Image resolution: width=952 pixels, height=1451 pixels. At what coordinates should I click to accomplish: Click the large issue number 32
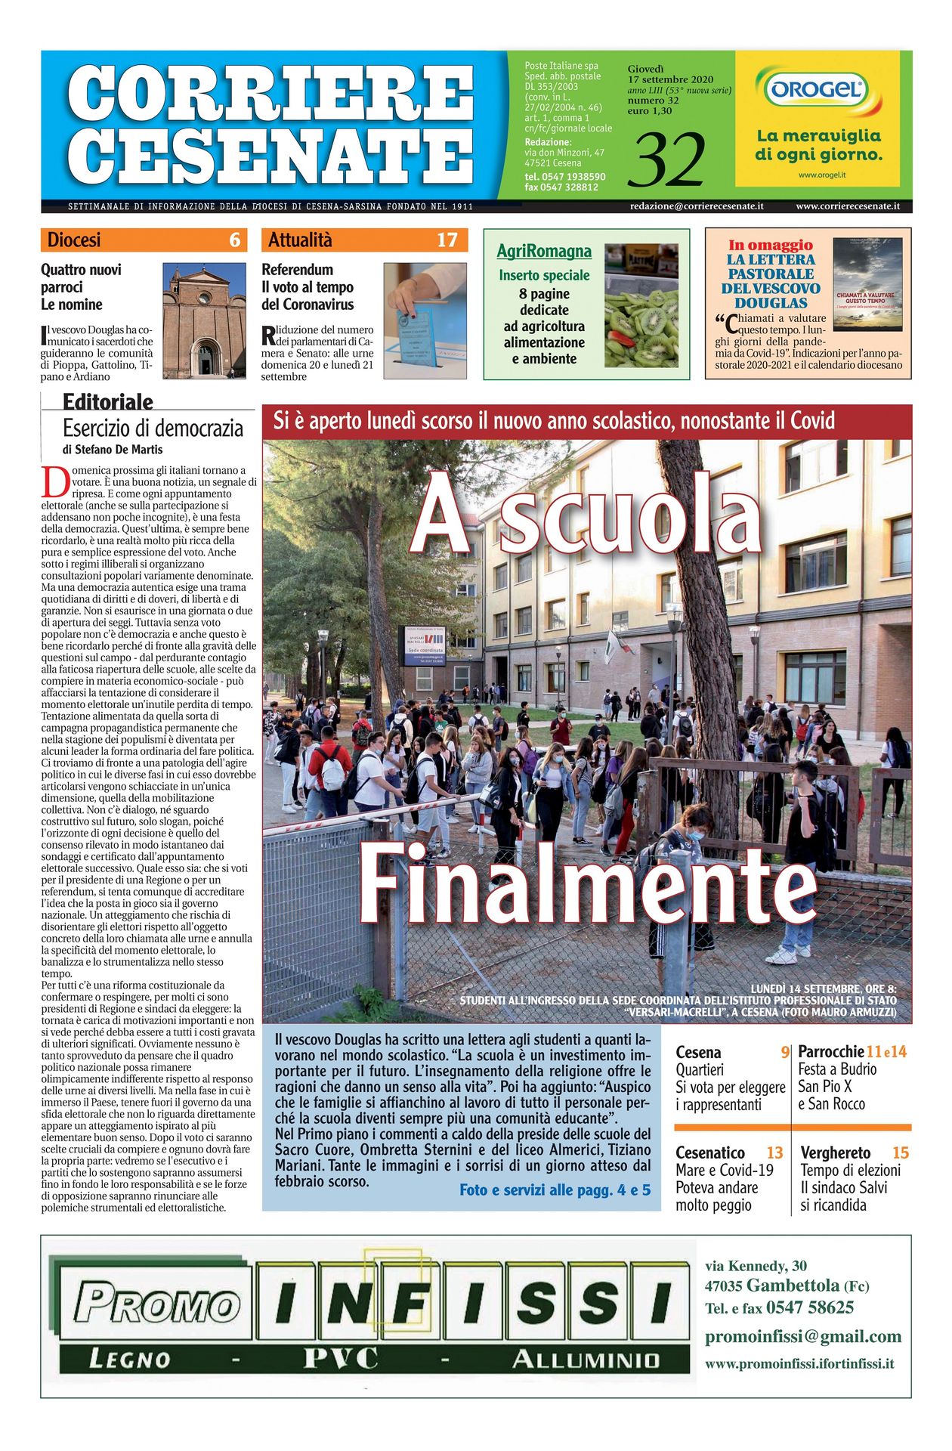670,160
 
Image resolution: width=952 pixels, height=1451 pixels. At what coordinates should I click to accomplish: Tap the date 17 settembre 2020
670,79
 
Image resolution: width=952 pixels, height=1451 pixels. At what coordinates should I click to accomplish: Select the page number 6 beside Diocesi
234,240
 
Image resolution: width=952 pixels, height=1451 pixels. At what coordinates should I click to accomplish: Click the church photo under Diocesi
204,320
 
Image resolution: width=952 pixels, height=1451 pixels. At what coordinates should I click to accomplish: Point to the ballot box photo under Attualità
425,320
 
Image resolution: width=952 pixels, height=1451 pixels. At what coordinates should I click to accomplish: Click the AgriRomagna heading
544,251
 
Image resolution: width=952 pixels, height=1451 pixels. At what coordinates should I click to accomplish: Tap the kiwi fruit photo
641,305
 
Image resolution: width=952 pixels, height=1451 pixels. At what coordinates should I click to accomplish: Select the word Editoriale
107,402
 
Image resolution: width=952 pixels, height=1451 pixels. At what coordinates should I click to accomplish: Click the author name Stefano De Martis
119,449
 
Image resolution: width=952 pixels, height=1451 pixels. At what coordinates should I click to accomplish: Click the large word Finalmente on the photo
587,882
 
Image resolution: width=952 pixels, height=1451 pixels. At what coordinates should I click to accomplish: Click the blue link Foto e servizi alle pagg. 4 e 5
555,1190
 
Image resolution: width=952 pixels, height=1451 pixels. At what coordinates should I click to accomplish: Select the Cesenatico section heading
709,1152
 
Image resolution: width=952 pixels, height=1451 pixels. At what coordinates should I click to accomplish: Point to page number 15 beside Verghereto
900,1152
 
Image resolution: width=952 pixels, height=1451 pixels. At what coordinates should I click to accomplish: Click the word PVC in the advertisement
340,1360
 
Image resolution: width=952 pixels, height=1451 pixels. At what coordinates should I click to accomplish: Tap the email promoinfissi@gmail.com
802,1336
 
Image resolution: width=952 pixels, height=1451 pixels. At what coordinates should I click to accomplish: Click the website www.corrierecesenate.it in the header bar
847,206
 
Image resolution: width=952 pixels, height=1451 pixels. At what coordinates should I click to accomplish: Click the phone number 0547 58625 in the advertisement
809,1307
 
